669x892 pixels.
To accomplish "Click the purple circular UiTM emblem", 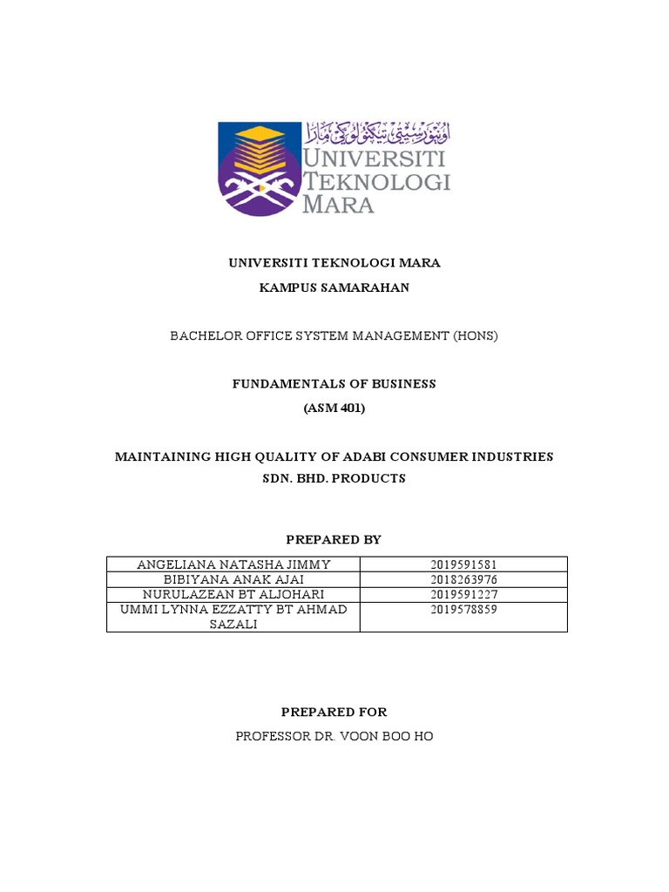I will click(x=258, y=169).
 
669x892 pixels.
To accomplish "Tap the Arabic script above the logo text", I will click(x=376, y=134).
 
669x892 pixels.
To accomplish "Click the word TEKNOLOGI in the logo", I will click(x=376, y=181).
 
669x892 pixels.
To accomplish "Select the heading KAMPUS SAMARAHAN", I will click(x=334, y=287).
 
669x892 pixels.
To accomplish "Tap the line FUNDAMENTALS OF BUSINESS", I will click(x=334, y=383).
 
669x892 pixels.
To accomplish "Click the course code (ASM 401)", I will click(x=334, y=408).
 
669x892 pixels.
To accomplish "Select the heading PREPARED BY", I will click(x=334, y=540).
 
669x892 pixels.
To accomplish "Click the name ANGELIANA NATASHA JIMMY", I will click(x=233, y=565).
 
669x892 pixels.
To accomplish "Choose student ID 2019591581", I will click(x=463, y=565).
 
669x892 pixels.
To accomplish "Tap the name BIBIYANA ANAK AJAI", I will click(x=233, y=580).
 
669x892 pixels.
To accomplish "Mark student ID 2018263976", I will click(x=463, y=580).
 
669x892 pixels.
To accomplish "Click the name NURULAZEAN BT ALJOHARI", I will click(x=233, y=595).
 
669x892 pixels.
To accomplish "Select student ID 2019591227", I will click(x=463, y=595).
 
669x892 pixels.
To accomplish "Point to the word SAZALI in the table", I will click(x=233, y=624).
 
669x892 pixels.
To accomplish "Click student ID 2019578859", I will click(x=463, y=610).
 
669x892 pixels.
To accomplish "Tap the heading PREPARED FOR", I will click(x=334, y=712).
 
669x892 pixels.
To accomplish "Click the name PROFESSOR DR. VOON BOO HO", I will click(x=334, y=736).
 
